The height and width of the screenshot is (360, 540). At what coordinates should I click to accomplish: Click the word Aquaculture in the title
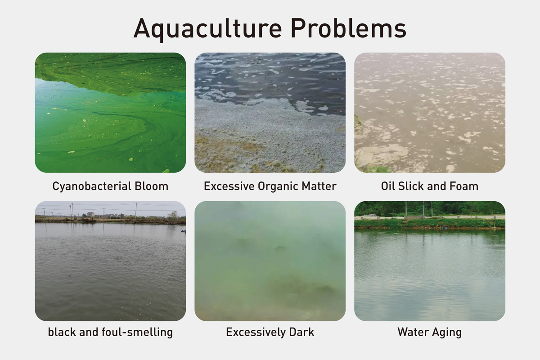207,29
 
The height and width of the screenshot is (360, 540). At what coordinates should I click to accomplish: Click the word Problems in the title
349,28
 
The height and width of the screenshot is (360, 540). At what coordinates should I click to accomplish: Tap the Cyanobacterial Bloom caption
110,187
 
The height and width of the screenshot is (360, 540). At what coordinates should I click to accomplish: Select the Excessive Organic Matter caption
270,186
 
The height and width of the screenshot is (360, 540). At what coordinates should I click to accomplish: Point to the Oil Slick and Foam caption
430,186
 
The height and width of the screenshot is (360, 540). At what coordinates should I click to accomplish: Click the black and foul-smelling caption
110,332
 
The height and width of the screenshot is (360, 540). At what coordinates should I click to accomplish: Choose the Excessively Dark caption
270,332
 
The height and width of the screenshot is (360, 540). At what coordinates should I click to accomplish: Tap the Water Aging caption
430,332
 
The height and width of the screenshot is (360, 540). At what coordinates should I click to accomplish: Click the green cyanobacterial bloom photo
110,112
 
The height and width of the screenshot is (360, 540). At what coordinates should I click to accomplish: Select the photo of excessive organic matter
270,112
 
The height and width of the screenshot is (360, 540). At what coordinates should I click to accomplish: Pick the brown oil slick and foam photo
430,112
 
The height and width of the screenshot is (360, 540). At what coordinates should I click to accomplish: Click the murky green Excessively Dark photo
270,261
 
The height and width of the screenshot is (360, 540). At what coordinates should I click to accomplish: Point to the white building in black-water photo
90,214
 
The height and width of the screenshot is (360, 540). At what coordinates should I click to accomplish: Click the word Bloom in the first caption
151,186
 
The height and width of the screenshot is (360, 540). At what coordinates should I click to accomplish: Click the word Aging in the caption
447,333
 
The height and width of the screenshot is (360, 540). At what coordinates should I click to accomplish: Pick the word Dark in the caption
301,332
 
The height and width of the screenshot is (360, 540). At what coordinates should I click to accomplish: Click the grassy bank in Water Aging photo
430,223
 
